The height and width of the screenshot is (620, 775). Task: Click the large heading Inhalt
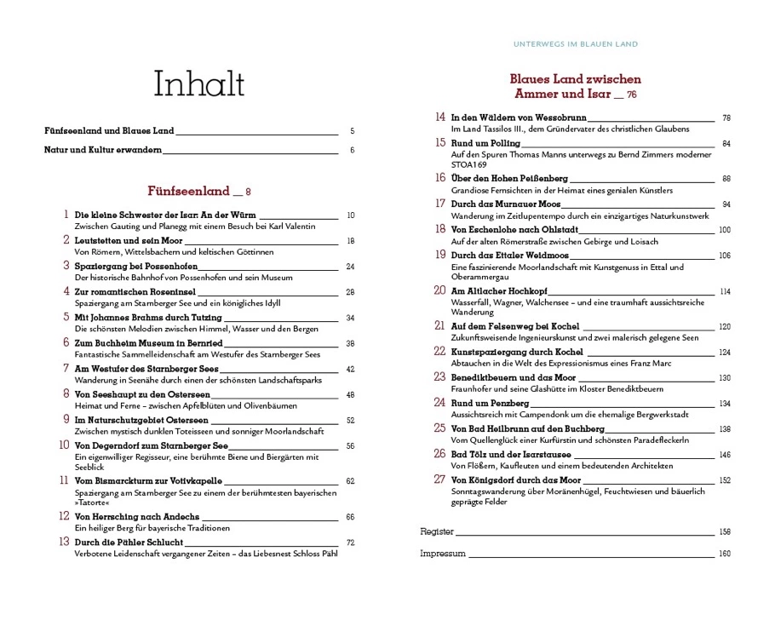click(199, 84)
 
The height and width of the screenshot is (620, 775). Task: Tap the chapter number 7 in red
click(66, 368)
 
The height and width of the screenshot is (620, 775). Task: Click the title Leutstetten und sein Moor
click(129, 241)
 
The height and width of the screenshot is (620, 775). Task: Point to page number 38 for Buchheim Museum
click(349, 343)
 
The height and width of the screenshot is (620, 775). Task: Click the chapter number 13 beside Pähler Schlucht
click(63, 542)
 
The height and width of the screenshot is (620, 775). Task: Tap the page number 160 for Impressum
click(725, 554)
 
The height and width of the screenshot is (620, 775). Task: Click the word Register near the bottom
click(437, 531)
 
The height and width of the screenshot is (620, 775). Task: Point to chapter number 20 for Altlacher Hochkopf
click(439, 290)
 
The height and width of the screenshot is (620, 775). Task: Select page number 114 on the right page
click(724, 291)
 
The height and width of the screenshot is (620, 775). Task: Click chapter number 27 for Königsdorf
click(439, 479)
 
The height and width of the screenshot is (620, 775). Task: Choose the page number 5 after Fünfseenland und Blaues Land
click(352, 131)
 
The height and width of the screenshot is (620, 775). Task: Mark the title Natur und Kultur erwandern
click(102, 151)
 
